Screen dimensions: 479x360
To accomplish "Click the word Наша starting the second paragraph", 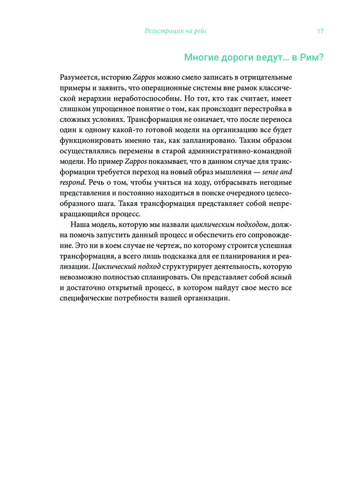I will click(81, 224).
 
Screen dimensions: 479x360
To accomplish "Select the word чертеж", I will click(144, 245).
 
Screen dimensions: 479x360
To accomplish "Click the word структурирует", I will click(180, 266).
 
